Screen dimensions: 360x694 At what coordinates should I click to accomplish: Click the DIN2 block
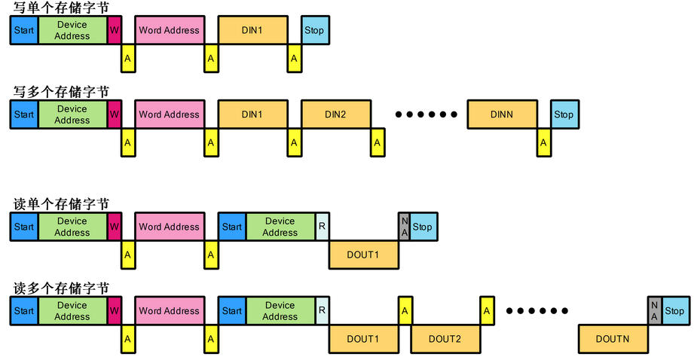[x=335, y=114]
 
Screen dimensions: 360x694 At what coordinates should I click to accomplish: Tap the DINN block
[x=501, y=114]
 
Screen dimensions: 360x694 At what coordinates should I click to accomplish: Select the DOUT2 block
[x=445, y=339]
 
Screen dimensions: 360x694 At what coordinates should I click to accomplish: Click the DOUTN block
[x=613, y=339]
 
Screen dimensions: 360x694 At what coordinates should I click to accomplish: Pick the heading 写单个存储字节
[x=61, y=7]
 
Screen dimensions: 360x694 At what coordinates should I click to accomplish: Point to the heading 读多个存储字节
[x=61, y=288]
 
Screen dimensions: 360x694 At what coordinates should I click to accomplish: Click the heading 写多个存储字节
[x=61, y=91]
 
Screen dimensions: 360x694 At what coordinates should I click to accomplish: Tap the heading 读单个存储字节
[x=61, y=204]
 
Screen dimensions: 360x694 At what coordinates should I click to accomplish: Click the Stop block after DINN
[x=564, y=114]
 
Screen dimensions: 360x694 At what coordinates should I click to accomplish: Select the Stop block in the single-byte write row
[x=314, y=30]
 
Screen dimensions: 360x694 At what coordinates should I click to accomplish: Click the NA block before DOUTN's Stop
[x=654, y=310]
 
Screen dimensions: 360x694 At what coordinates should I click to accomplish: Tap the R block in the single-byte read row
[x=322, y=227]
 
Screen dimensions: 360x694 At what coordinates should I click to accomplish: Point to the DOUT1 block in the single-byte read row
[x=362, y=255]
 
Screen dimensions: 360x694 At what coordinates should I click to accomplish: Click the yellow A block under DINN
[x=543, y=142]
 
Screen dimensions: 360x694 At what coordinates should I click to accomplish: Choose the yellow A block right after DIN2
[x=378, y=142]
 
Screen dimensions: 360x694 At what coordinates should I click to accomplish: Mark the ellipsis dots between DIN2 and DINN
[x=426, y=115]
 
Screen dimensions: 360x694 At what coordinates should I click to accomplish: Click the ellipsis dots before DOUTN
[x=537, y=311]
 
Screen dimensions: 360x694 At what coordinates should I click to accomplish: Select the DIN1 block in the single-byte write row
[x=252, y=30]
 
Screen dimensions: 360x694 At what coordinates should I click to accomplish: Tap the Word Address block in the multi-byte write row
[x=170, y=114]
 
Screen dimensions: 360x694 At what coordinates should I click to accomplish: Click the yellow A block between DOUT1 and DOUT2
[x=405, y=310]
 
